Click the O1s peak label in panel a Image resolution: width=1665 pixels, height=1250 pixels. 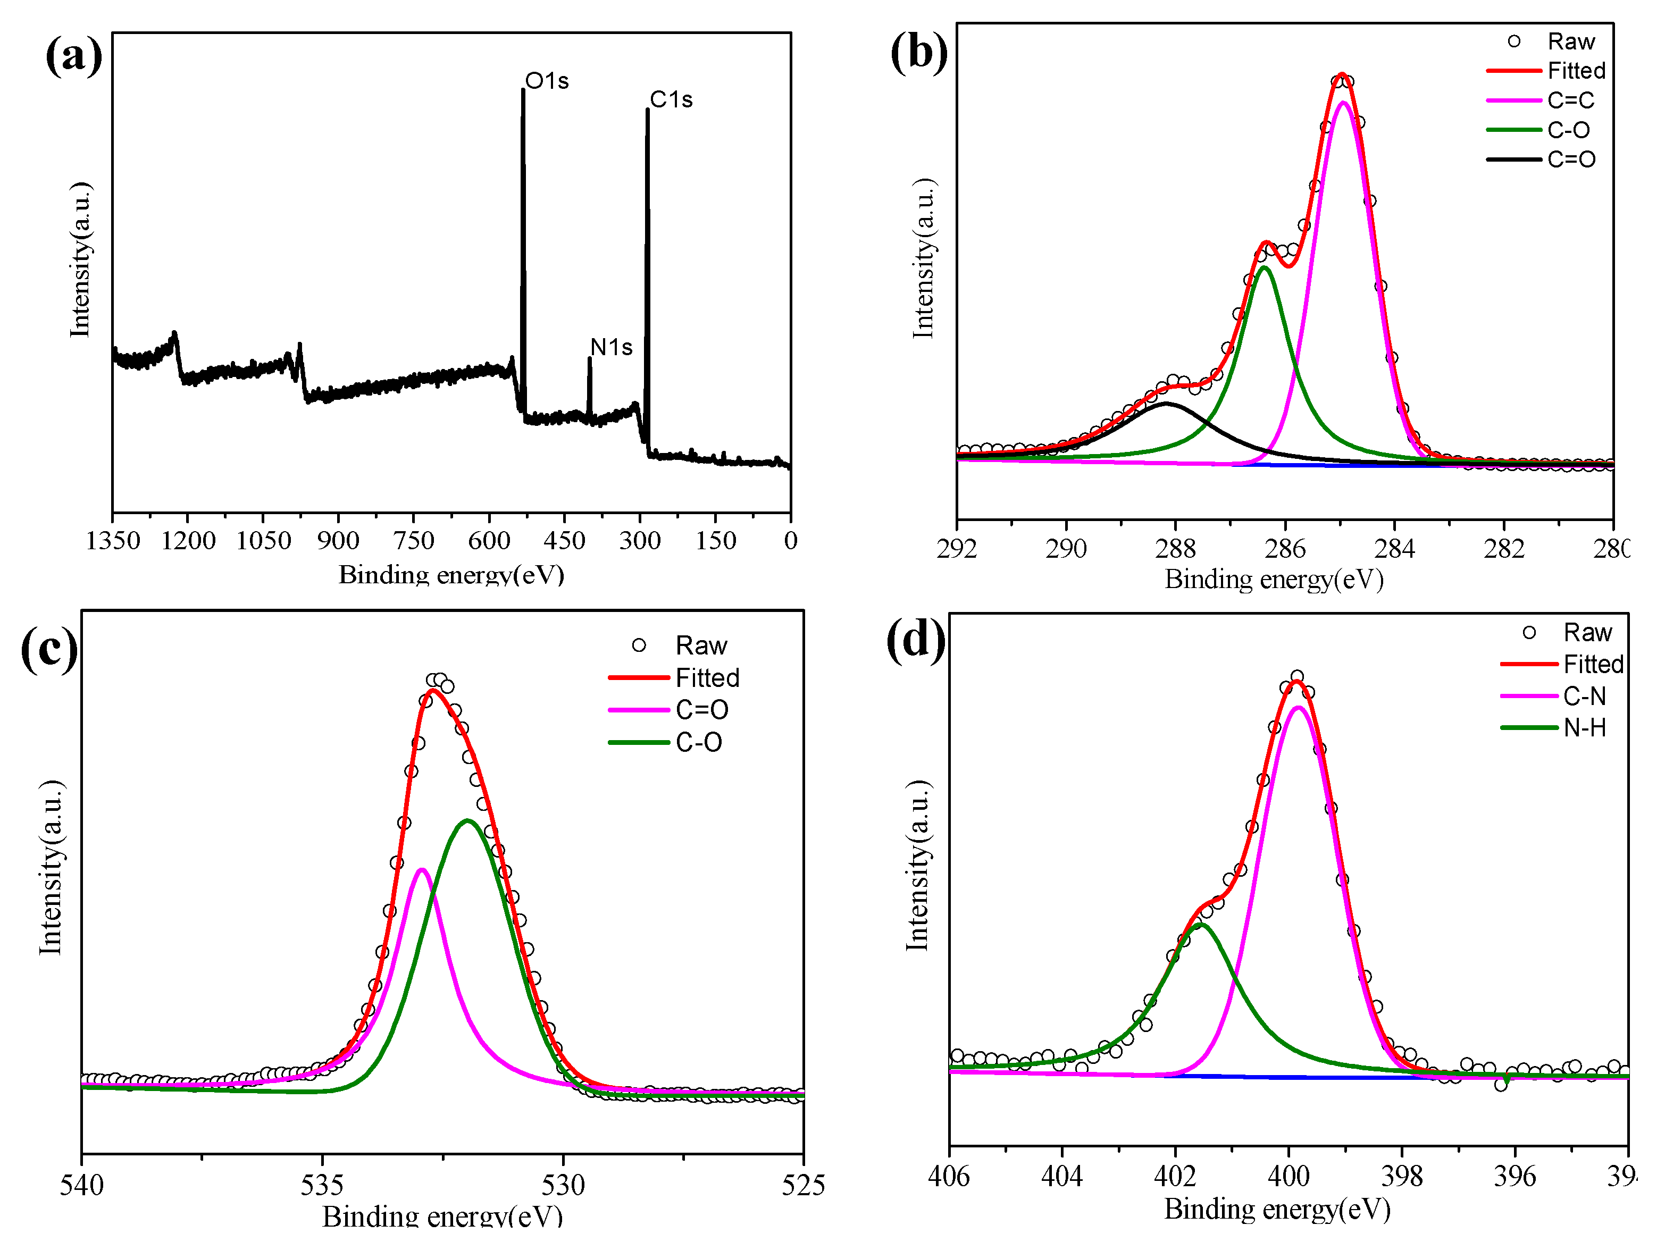(x=547, y=80)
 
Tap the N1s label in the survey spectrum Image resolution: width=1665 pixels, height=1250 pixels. (x=610, y=347)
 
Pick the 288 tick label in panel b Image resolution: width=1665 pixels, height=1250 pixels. (x=1175, y=549)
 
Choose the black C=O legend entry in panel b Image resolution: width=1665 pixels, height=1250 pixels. (x=1571, y=160)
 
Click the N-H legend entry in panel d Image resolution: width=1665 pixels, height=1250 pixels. (x=1585, y=728)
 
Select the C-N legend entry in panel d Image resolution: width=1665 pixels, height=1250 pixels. (x=1585, y=696)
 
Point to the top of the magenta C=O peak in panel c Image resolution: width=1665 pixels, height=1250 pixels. (x=422, y=870)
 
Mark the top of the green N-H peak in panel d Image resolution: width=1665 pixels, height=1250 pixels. (x=1201, y=925)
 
